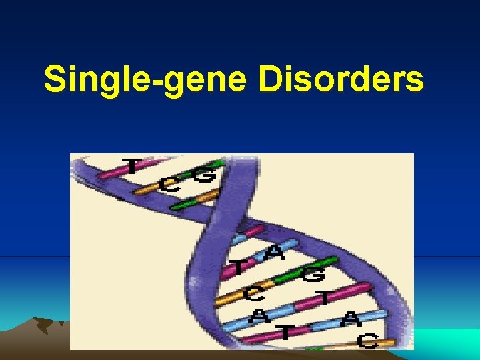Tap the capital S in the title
54,80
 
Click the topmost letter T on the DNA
132,165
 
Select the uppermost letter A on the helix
274,253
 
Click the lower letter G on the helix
313,273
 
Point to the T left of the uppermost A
237,268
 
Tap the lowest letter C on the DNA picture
369,341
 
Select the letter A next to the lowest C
349,321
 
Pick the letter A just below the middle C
257,316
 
